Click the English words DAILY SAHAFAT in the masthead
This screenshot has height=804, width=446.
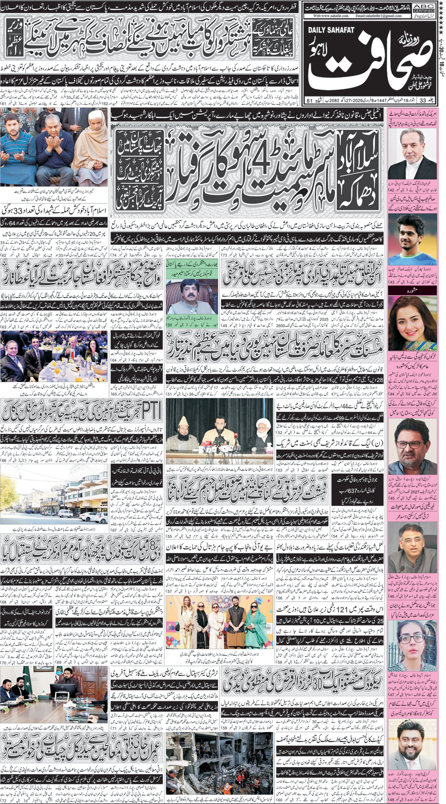(x=331, y=30)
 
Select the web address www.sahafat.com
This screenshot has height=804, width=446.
(x=330, y=16)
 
